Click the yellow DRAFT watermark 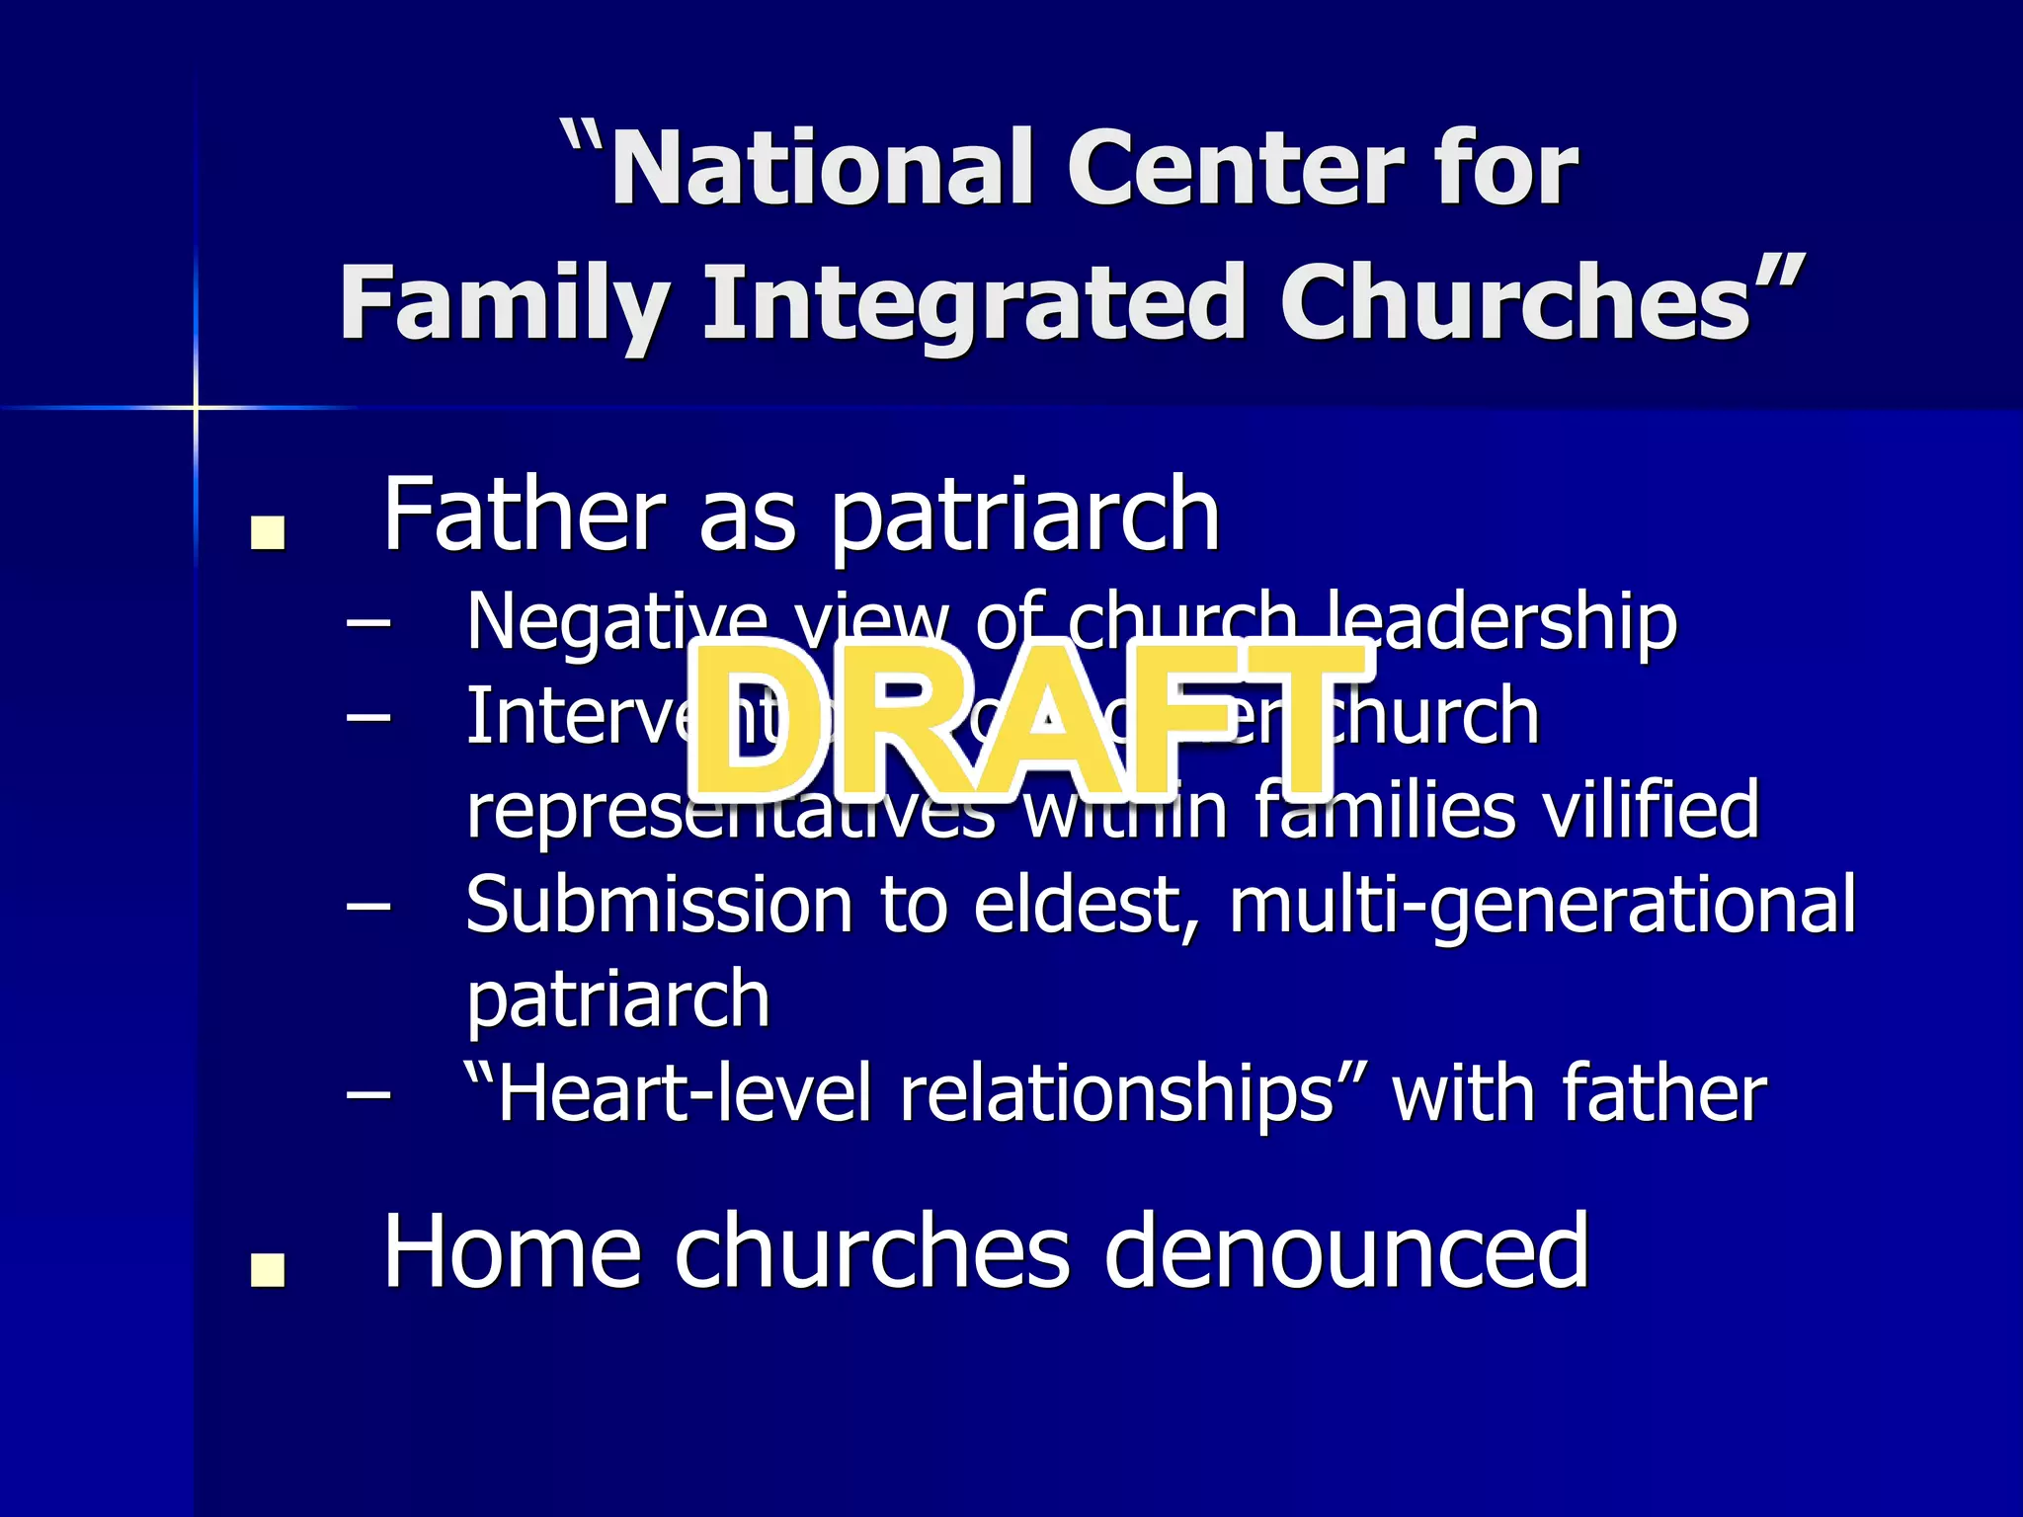[1027, 721]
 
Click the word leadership [1501, 622]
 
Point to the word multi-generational [1541, 905]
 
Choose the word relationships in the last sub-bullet [1116, 1094]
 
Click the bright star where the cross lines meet [196, 407]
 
